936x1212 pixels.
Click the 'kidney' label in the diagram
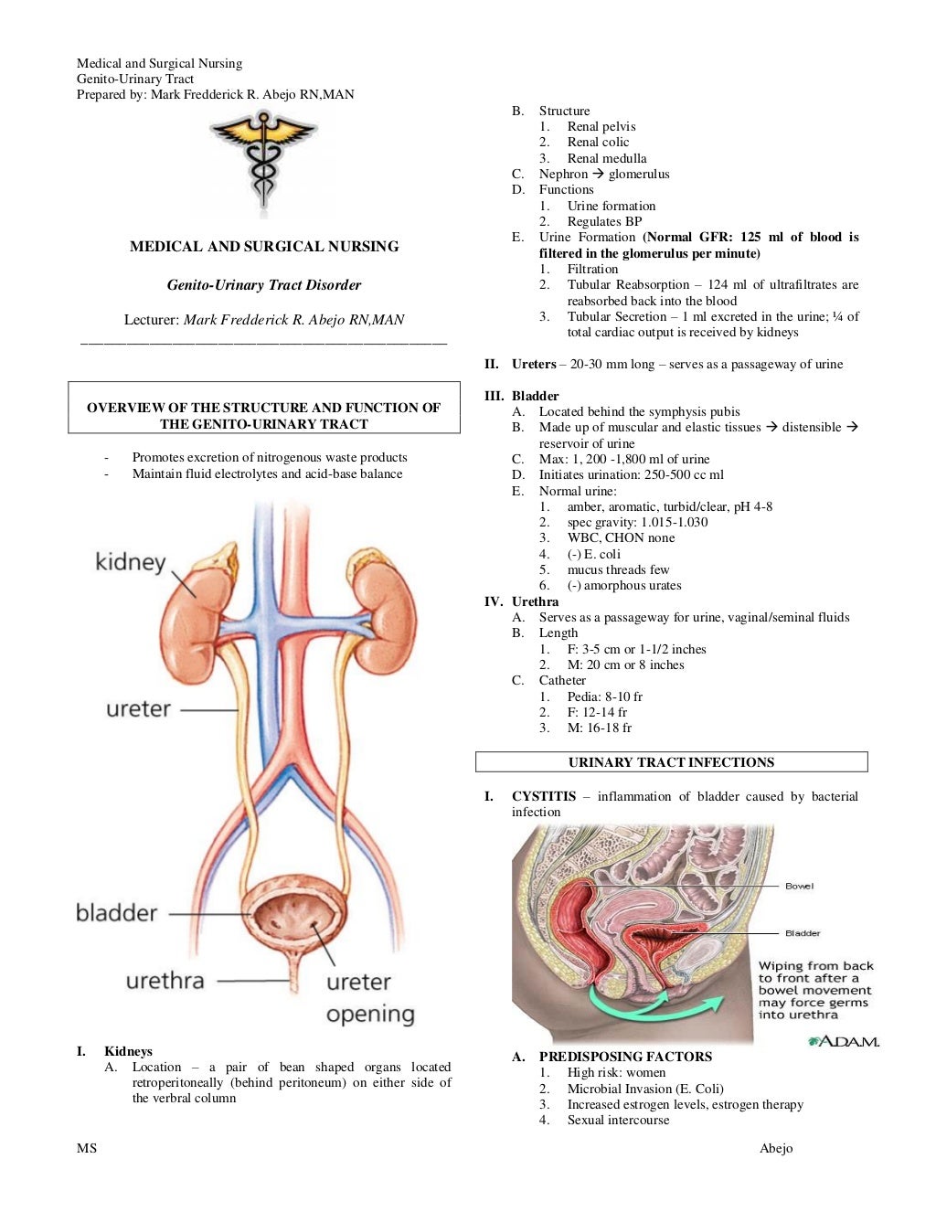point(131,561)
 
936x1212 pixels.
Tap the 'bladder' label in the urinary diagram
point(116,912)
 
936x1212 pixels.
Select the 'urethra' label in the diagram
point(165,981)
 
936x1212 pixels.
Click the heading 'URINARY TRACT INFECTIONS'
point(671,762)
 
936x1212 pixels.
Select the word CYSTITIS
point(544,796)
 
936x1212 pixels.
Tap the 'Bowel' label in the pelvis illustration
point(799,886)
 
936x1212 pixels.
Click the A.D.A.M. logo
point(843,1041)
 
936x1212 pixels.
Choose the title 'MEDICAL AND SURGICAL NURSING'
point(264,246)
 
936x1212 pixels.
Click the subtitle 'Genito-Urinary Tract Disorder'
point(264,285)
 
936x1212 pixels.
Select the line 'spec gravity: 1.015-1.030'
point(637,522)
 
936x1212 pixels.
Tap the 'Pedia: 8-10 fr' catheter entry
point(604,696)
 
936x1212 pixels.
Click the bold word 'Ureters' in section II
point(534,364)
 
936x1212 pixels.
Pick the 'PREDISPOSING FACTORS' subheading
point(625,1057)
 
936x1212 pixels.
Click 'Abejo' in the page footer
point(776,1148)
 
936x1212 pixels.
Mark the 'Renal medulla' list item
point(606,158)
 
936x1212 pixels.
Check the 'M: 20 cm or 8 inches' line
point(625,664)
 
